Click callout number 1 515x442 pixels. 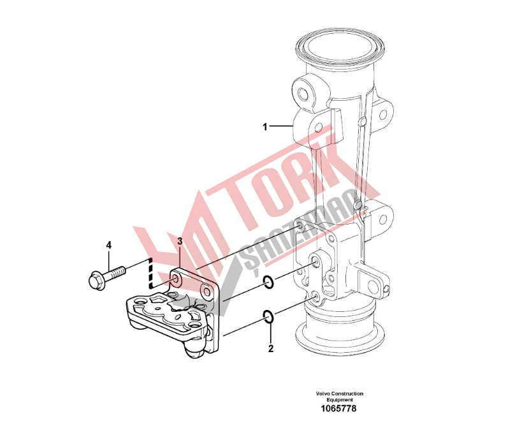click(265, 126)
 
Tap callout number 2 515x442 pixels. click(271, 348)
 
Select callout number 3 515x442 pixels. click(180, 241)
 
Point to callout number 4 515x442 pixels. click(109, 245)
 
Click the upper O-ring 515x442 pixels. click(269, 283)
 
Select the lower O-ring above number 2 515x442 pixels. click(268, 316)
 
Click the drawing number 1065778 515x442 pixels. click(338, 408)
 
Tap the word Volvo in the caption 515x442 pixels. click(323, 394)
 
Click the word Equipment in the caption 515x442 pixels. click(340, 400)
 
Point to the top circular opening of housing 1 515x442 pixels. click(340, 45)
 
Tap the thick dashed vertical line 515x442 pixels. click(151, 268)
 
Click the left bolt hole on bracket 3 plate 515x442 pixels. click(175, 279)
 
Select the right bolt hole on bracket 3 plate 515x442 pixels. click(207, 291)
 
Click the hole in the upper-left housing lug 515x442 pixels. click(303, 94)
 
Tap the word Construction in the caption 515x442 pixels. click(347, 394)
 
